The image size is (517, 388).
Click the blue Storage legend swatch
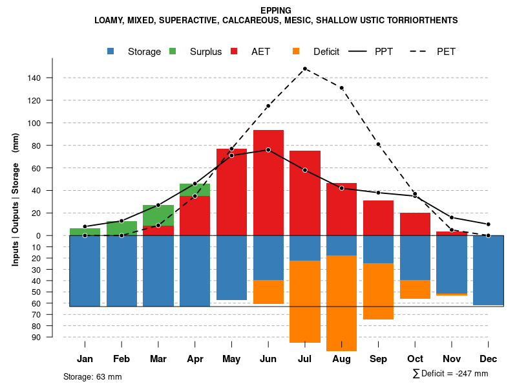tap(112, 51)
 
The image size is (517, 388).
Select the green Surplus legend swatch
tap(173, 51)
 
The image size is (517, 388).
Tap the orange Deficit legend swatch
tap(297, 51)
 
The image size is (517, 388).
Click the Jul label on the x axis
tap(304, 359)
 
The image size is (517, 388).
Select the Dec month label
tap(488, 359)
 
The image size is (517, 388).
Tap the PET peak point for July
tap(304, 69)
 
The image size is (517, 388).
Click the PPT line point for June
tap(268, 150)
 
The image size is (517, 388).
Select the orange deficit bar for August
tap(341, 304)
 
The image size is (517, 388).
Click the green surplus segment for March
tap(158, 215)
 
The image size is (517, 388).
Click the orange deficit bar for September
tap(378, 291)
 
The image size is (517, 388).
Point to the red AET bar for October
tap(415, 224)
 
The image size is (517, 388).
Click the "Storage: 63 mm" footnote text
tap(92, 376)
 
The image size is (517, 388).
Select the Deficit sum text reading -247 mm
tap(450, 374)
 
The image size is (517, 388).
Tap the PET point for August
tap(341, 88)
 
